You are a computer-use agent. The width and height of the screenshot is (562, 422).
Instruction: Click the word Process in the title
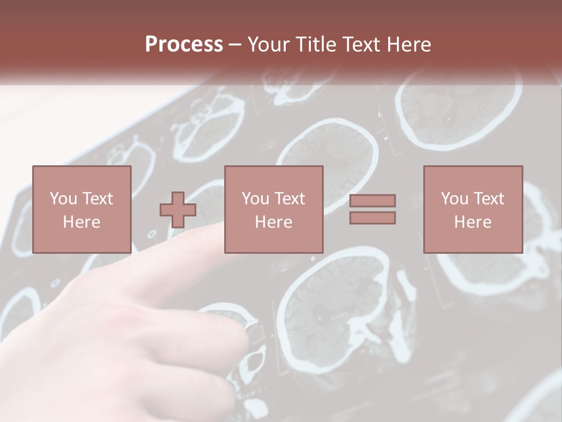[x=184, y=45]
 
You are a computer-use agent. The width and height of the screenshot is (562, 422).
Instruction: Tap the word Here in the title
[x=408, y=45]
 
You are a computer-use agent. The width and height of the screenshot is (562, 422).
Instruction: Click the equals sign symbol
[x=372, y=209]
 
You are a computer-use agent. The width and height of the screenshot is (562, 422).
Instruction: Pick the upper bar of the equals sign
[x=372, y=200]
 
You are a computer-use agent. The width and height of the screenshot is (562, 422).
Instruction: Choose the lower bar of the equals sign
[x=372, y=218]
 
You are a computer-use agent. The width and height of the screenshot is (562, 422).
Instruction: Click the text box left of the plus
[x=81, y=209]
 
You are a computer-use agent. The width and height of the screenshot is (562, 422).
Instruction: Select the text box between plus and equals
[x=273, y=209]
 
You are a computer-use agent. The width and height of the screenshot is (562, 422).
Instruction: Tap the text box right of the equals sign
[x=472, y=209]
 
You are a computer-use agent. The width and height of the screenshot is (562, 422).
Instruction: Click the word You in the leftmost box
[x=63, y=199]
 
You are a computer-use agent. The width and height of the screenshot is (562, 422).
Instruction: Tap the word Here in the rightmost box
[x=472, y=222]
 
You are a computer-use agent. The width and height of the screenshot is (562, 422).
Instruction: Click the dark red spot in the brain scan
[x=321, y=319]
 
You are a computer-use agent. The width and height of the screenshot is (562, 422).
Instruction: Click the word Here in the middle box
[x=273, y=222]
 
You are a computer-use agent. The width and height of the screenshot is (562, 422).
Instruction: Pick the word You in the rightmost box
[x=454, y=199]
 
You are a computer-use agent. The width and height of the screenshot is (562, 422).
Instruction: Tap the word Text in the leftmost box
[x=98, y=199]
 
